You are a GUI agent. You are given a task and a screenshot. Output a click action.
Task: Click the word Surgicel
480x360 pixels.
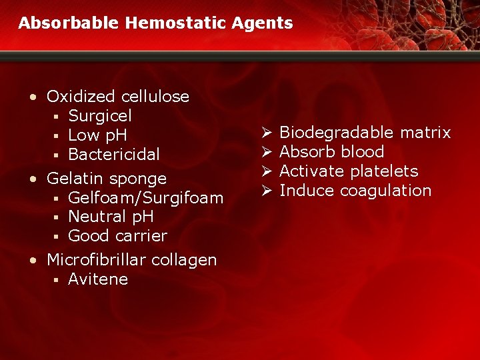coord(100,116)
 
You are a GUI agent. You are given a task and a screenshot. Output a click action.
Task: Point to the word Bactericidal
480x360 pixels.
coord(114,155)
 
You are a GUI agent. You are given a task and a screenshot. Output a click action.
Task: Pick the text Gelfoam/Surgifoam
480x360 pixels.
coord(145,197)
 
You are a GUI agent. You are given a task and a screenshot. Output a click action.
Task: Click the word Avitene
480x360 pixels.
coord(98,279)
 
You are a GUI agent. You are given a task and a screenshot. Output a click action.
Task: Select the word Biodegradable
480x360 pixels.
coord(337,133)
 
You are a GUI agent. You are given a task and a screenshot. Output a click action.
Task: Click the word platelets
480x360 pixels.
coord(384,171)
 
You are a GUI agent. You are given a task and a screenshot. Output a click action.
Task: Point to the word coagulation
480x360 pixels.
coord(386,191)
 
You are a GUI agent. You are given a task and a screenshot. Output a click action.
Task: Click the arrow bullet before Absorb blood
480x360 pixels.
coord(265,152)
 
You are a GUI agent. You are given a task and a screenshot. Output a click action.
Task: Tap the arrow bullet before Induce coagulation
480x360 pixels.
coord(265,191)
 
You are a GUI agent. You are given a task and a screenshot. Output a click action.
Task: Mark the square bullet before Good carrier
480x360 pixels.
coord(58,237)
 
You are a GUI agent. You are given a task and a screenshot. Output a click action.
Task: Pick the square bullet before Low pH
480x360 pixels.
coord(58,136)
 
